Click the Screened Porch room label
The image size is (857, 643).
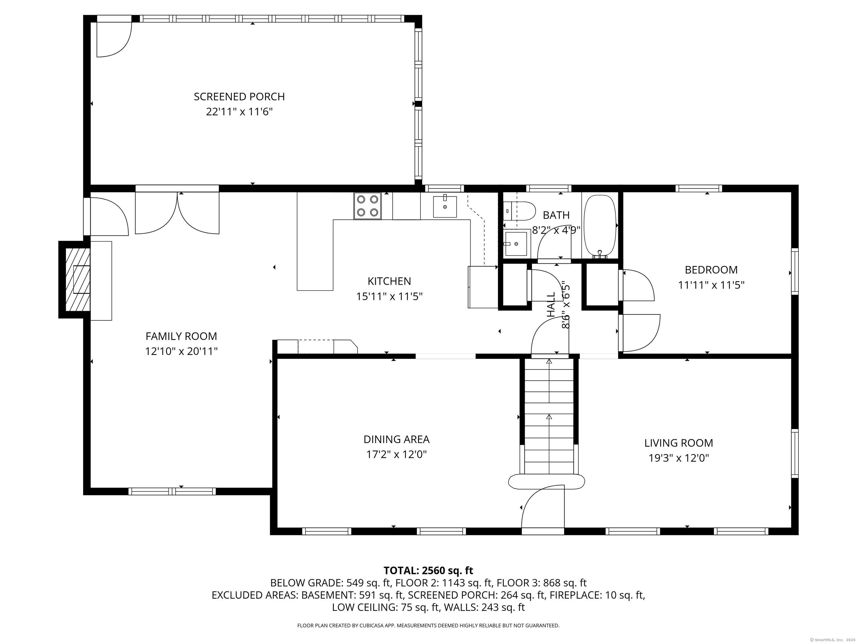(x=239, y=97)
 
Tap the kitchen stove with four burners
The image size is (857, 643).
(x=367, y=206)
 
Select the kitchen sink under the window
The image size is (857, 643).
(x=445, y=207)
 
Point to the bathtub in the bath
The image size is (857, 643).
(x=600, y=226)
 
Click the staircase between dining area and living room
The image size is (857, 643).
(x=549, y=416)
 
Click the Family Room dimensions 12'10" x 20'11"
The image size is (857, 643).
(x=181, y=352)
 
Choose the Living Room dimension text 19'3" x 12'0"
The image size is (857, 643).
(x=679, y=458)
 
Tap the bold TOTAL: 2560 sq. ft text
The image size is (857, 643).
(x=428, y=570)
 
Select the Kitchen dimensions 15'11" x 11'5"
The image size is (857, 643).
(x=389, y=296)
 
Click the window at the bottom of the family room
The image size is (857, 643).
(x=172, y=491)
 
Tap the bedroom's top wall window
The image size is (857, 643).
(x=699, y=188)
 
